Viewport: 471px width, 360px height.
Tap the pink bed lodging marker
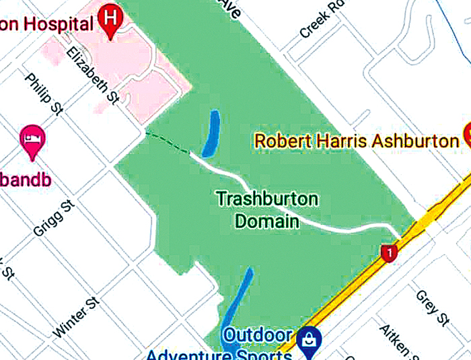(32, 139)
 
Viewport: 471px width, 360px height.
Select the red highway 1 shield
(388, 253)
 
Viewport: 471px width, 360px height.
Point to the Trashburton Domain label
(267, 210)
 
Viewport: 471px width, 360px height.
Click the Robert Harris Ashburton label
(356, 141)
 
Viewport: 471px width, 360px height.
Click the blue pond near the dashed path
(211, 133)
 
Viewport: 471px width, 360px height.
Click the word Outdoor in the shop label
(258, 335)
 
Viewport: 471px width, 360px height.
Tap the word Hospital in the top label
(57, 25)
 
